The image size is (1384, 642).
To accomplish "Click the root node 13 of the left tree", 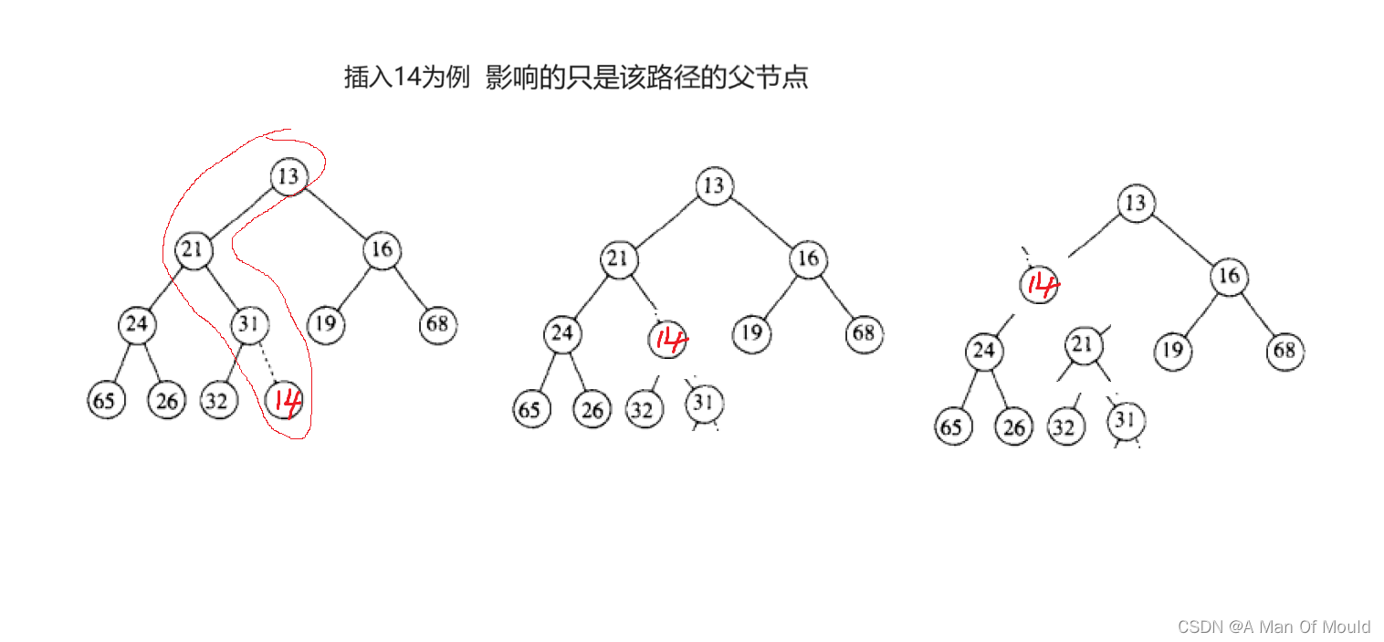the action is [288, 175].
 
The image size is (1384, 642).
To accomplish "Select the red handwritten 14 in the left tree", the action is [283, 400].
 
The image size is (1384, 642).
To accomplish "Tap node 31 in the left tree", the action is [248, 324].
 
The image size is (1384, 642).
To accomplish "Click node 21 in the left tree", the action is [193, 249].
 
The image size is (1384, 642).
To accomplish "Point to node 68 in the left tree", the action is [438, 324].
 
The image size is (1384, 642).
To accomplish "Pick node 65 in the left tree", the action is [106, 401].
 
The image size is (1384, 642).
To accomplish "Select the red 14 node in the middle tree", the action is [668, 340].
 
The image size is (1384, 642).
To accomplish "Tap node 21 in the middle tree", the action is [618, 259].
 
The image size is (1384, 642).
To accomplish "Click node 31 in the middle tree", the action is [702, 402].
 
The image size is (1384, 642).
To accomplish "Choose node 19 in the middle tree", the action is [750, 333].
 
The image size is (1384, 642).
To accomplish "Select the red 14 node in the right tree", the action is [1039, 285].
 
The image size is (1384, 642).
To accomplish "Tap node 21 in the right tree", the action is [1082, 345].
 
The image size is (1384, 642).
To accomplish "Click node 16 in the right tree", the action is [1229, 276].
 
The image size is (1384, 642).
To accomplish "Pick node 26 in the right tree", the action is [1013, 426].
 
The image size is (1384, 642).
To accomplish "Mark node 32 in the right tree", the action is [1065, 426].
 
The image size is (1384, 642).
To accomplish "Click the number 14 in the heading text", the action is [405, 78].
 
